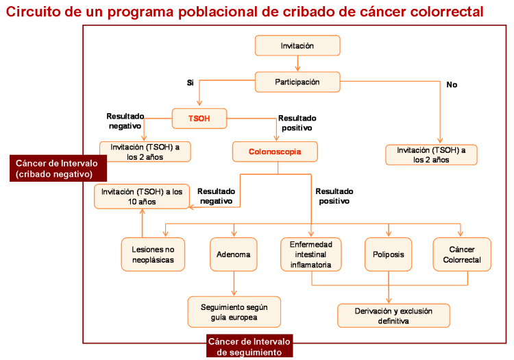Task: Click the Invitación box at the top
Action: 297,45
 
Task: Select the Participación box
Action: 297,82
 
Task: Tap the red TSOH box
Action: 199,119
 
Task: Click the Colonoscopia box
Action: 275,152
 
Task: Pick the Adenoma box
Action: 234,254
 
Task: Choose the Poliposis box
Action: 388,254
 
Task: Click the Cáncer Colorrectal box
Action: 462,254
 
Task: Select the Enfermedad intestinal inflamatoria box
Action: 310,254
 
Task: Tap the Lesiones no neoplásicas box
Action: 153,254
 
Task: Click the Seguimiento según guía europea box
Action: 234,312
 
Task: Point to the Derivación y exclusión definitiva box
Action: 393,315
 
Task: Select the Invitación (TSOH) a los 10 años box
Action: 142,196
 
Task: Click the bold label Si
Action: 190,82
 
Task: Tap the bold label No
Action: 452,84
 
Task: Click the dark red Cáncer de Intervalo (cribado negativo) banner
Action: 58,168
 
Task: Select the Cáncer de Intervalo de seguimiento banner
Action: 249,346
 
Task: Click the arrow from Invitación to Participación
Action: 297,64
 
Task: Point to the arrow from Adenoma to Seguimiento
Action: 234,284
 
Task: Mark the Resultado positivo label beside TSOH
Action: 297,123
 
